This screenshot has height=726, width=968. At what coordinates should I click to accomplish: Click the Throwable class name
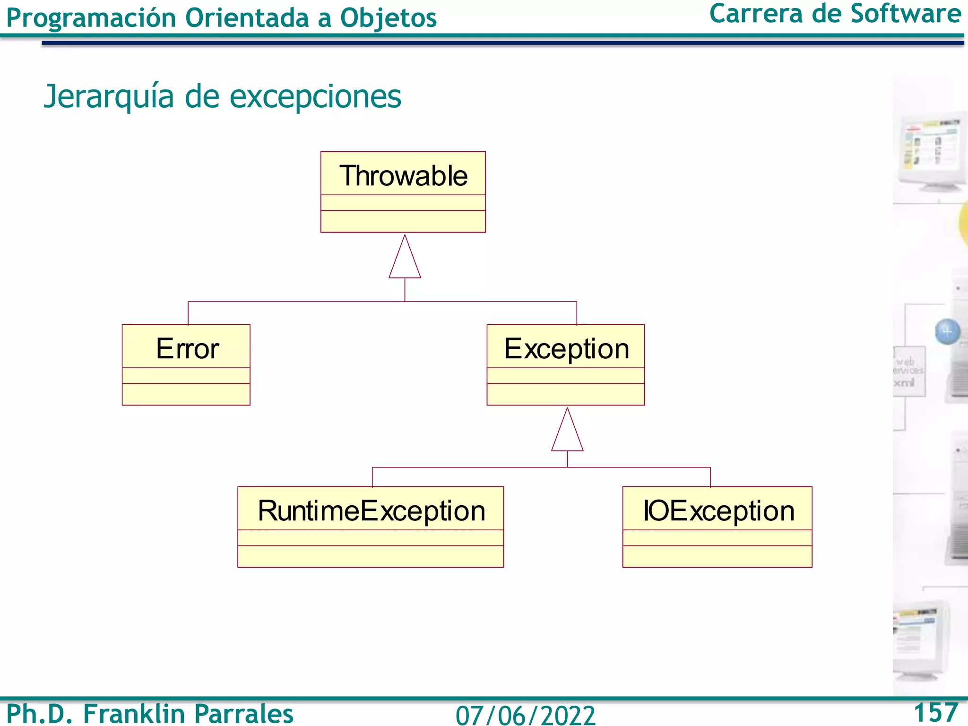coord(403,176)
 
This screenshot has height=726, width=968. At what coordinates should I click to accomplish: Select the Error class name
coord(187,349)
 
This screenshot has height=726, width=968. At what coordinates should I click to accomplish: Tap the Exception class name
coord(566,349)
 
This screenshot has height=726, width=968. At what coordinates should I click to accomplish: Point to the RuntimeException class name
coord(372,511)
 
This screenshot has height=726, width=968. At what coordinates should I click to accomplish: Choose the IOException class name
coord(718,511)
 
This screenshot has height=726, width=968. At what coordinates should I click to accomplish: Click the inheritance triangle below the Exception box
coord(567,432)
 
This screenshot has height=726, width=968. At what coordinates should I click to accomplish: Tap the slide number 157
coord(935,712)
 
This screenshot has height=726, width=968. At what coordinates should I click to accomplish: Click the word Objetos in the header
coord(388,18)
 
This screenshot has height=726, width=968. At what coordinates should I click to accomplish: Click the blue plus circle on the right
coord(947,332)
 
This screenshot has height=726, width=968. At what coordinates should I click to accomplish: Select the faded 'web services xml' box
coord(908,372)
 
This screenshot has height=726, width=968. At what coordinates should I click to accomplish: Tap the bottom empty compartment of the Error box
coord(186,394)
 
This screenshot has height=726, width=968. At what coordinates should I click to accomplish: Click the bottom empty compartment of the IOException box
coord(717,556)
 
